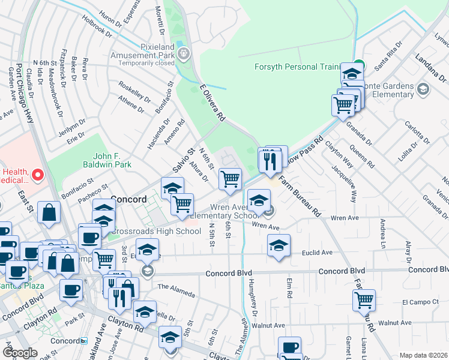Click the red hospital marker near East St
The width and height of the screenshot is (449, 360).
[37, 175]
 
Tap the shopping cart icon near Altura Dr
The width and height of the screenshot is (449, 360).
[231, 178]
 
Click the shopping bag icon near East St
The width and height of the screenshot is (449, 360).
[49, 212]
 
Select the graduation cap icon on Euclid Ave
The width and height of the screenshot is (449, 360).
[278, 245]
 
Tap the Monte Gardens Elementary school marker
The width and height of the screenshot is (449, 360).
[423, 90]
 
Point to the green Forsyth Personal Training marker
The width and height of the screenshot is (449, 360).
[358, 65]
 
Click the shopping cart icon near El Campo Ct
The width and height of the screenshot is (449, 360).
[364, 299]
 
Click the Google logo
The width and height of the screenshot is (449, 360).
[20, 353]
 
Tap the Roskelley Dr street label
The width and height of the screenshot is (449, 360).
[135, 91]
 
